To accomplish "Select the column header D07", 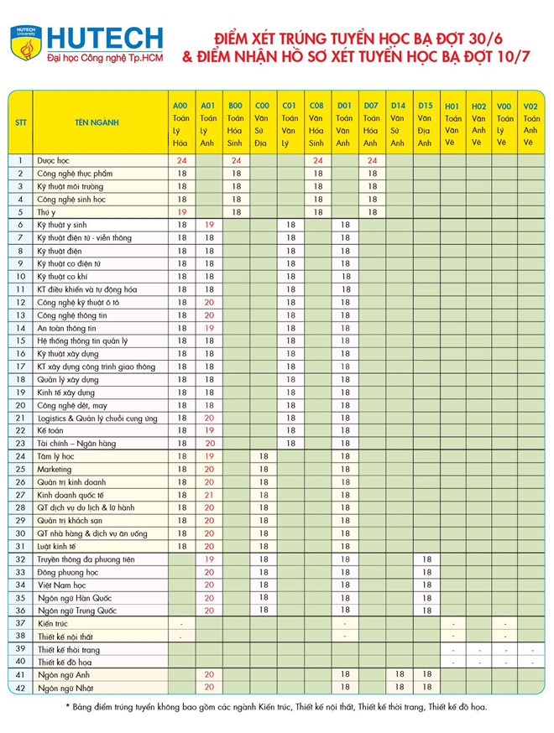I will click(x=371, y=107).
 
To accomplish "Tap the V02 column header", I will click(x=530, y=107).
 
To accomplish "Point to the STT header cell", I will click(x=20, y=122).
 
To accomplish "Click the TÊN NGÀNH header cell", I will click(x=97, y=122).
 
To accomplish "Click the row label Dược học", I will click(x=52, y=159).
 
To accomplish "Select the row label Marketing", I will click(x=55, y=469).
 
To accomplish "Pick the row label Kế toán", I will click(x=50, y=429).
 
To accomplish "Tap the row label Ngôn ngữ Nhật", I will click(x=64, y=688).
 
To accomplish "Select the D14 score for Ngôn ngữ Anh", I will click(x=399, y=674).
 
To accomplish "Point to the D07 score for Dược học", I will click(x=371, y=159).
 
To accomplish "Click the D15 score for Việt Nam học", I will click(x=426, y=585).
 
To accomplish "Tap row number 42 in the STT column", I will click(x=20, y=688).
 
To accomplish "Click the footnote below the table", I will click(x=276, y=707).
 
